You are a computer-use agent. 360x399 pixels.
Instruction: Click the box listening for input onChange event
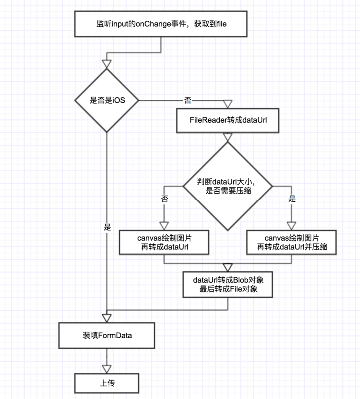tap(161, 23)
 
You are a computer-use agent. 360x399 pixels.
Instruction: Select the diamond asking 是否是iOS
tap(107, 100)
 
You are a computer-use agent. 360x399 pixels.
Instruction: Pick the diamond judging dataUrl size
tap(227, 186)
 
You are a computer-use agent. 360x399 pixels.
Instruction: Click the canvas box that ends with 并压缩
tap(292, 241)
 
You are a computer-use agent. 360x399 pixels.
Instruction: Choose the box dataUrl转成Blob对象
tap(228, 284)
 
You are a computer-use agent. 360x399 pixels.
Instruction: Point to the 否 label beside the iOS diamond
tap(187, 100)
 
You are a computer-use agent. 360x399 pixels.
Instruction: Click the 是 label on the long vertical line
tap(107, 227)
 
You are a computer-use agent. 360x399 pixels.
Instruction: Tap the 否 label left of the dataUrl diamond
tap(164, 198)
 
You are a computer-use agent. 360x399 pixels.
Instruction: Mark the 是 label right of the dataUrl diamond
tap(292, 198)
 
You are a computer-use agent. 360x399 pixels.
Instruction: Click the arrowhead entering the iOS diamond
tap(107, 64)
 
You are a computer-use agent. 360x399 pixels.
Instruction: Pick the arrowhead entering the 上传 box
tap(107, 368)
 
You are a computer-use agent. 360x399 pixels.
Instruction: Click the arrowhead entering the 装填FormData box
tap(107, 318)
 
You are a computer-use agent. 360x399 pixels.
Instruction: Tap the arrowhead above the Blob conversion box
tap(228, 266)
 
